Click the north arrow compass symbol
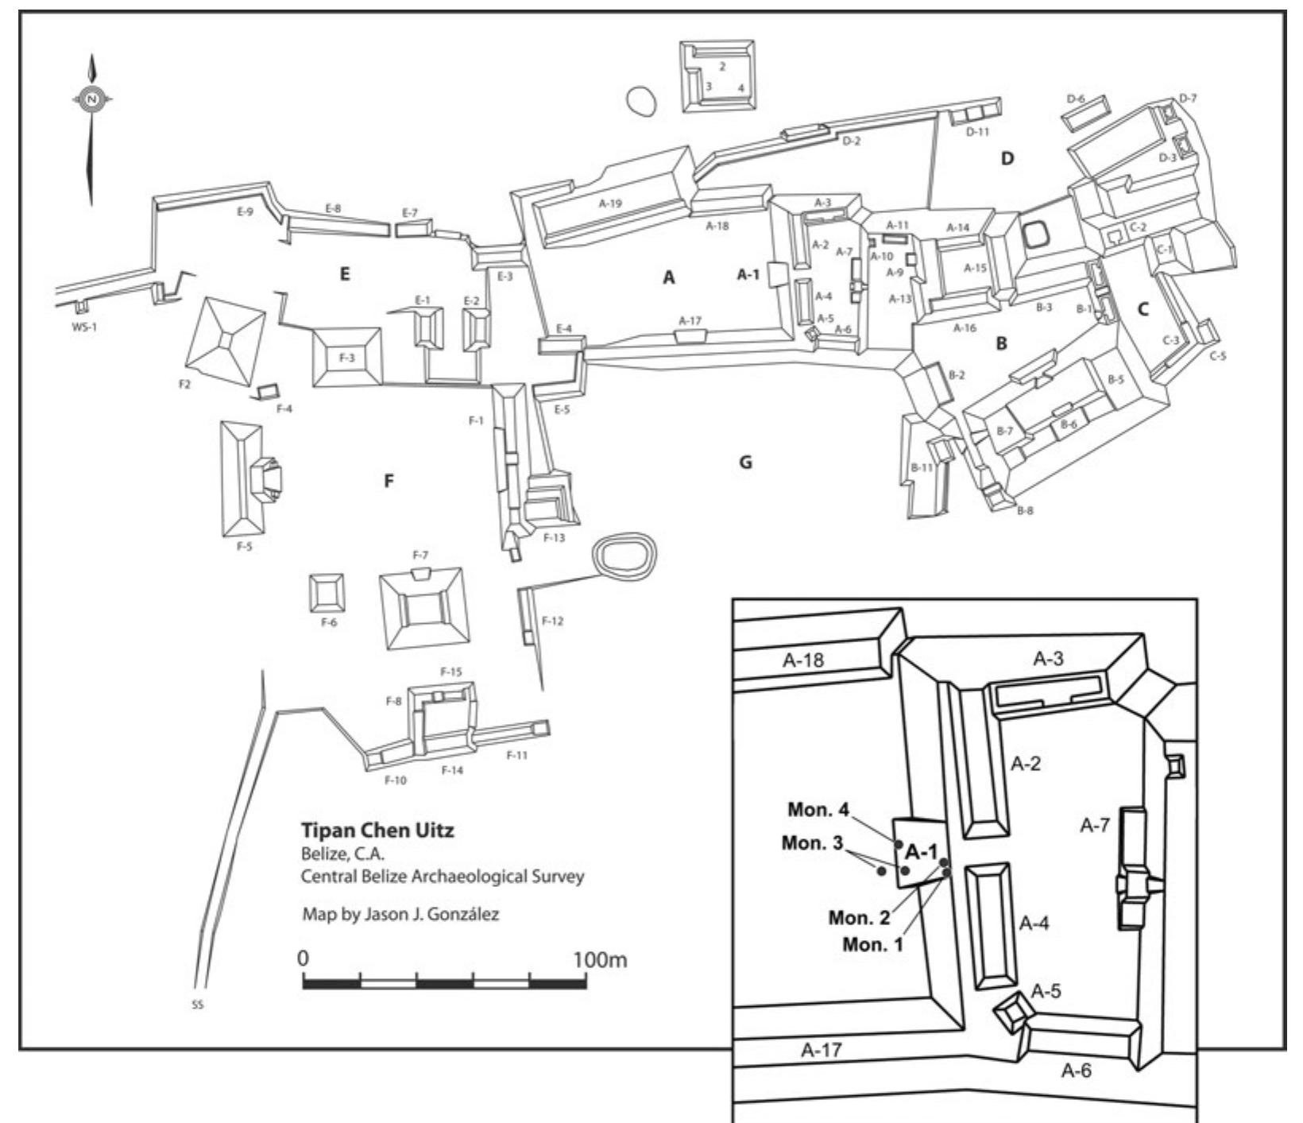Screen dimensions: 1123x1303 92,99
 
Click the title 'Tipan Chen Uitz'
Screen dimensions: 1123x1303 377,831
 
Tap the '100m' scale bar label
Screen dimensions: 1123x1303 600,960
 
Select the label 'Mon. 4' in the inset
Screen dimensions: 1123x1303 818,810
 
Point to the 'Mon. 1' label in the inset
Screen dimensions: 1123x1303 872,945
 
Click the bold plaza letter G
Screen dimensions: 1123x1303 745,463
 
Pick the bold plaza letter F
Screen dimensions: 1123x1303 389,481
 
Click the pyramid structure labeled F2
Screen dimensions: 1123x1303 226,342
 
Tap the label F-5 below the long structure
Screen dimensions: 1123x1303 244,547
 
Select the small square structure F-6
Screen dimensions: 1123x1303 327,592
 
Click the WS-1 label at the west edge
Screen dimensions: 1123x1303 82,326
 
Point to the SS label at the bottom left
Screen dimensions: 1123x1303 198,1005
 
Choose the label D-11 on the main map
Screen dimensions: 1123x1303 977,132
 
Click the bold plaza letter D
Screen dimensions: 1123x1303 1007,159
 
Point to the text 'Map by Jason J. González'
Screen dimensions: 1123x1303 400,914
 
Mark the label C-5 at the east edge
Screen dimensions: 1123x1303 1218,356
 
